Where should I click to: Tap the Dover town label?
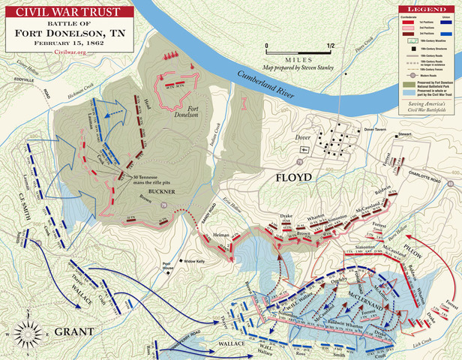point(304,138)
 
